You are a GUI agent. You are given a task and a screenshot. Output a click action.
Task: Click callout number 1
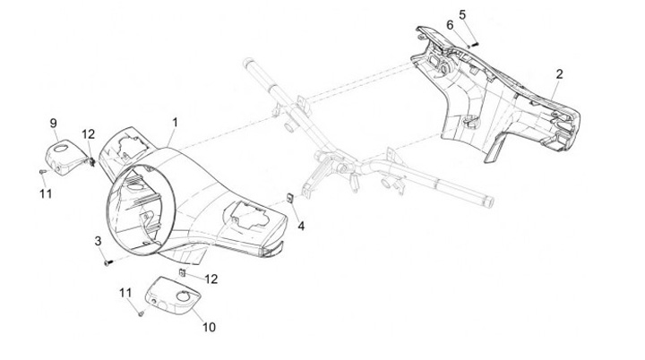tap(176, 121)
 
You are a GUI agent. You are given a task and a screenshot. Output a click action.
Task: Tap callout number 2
tap(559, 73)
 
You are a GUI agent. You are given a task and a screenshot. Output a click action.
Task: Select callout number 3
tap(98, 241)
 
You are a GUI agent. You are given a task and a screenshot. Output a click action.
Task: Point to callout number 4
tap(300, 227)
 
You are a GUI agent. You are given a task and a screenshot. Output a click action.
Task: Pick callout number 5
tap(462, 14)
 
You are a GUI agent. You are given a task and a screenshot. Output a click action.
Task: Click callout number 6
tap(450, 25)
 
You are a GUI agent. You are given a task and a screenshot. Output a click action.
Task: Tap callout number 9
tap(53, 123)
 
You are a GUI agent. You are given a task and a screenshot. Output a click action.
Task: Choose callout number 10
tap(209, 327)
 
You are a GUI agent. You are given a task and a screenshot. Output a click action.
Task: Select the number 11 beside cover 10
tap(125, 292)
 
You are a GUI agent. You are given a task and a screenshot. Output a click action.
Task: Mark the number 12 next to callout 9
tap(88, 134)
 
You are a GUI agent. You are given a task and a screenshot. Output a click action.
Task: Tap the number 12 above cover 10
tap(211, 279)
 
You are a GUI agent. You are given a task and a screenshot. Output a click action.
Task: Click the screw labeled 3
tap(108, 263)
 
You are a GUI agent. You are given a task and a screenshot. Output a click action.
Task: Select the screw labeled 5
tap(475, 43)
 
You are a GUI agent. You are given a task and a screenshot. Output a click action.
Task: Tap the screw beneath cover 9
tap(43, 171)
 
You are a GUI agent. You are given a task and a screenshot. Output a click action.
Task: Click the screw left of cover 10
tap(142, 313)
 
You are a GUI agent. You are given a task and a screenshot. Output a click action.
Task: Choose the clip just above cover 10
tap(182, 270)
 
